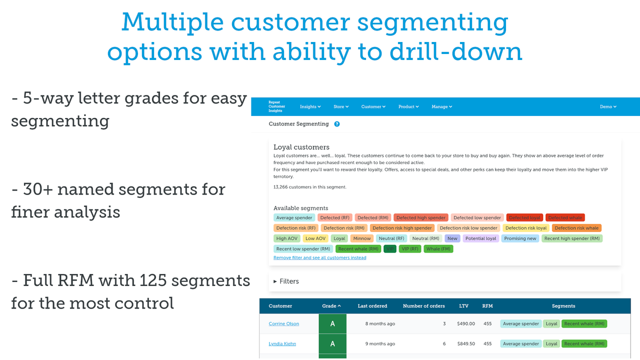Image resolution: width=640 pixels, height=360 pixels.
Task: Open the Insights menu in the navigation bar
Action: coord(310,106)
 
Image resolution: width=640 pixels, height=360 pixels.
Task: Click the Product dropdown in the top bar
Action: coord(408,106)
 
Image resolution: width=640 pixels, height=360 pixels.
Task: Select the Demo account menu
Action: coord(608,106)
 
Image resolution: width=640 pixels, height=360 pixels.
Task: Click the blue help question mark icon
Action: coord(337,124)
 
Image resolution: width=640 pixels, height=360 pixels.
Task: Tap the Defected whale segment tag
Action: coord(565,217)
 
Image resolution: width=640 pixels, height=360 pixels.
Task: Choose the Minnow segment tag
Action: coord(362,238)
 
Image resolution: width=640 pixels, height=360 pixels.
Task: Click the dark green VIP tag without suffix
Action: coord(390,248)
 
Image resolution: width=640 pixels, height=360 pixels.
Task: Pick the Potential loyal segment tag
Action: coord(480,238)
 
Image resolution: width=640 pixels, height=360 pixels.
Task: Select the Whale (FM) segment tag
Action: coord(438,248)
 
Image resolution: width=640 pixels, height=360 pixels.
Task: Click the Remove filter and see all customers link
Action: coord(319,258)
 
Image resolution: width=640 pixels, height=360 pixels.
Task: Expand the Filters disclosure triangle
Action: coord(275,281)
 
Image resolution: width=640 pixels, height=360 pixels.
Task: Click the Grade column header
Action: coord(331,306)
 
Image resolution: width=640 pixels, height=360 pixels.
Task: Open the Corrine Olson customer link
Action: coord(283,324)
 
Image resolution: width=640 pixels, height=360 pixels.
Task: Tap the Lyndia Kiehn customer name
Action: coord(282,344)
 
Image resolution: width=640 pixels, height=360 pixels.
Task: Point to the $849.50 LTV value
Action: coord(465,344)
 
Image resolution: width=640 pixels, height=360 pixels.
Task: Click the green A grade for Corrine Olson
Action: coord(332,324)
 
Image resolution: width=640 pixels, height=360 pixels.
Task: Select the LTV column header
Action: coord(463,306)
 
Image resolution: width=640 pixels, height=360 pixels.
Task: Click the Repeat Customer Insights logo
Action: coord(276,106)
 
